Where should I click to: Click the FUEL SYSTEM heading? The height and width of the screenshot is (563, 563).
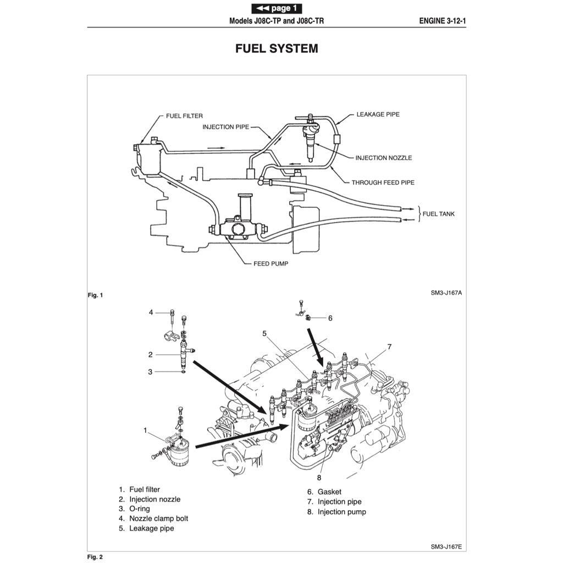pyautogui.click(x=277, y=48)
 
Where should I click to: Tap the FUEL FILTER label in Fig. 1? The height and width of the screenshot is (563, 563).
pyautogui.click(x=184, y=116)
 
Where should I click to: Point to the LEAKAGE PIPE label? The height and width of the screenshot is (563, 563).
pyautogui.click(x=378, y=114)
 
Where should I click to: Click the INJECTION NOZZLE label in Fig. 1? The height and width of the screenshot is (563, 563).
pyautogui.click(x=383, y=158)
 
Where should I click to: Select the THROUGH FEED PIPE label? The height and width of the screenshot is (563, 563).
pyautogui.click(x=383, y=182)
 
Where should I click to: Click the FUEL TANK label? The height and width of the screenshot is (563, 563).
pyautogui.click(x=438, y=213)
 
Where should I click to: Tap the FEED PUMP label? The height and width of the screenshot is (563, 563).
pyautogui.click(x=271, y=263)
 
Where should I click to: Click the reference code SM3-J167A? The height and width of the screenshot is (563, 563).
pyautogui.click(x=446, y=293)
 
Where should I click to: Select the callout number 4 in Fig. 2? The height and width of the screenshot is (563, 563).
pyautogui.click(x=151, y=313)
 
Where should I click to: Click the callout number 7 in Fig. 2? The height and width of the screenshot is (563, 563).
pyautogui.click(x=389, y=347)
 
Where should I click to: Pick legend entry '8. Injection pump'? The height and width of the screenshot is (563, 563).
pyautogui.click(x=336, y=512)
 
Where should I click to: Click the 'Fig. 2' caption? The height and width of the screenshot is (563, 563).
pyautogui.click(x=95, y=556)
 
